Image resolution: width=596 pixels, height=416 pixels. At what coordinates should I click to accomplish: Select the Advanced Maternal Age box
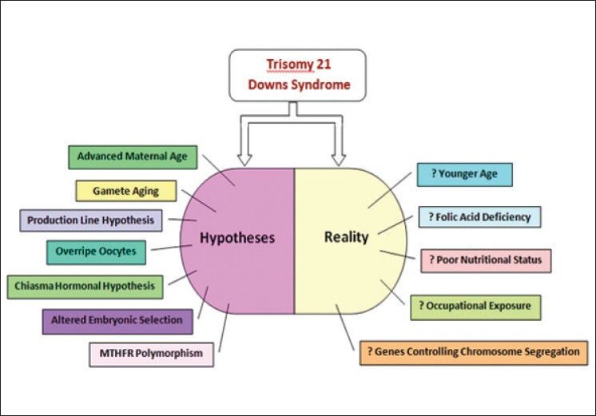point(133,156)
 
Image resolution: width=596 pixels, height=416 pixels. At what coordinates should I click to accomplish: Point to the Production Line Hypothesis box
point(90,220)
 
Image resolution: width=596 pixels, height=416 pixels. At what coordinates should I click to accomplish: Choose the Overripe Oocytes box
point(96,252)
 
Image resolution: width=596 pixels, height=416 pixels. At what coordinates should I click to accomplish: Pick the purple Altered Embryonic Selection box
point(117,321)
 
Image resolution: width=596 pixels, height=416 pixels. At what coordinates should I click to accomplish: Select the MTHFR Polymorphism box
point(151,353)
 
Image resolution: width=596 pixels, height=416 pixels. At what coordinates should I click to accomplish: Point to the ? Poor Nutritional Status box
point(486,260)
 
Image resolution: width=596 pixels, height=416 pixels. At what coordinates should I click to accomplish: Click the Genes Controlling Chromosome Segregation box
point(474,352)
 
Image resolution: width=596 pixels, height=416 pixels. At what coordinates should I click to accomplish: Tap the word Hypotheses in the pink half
point(238,237)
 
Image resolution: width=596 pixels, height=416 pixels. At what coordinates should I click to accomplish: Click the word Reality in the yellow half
point(346,237)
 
